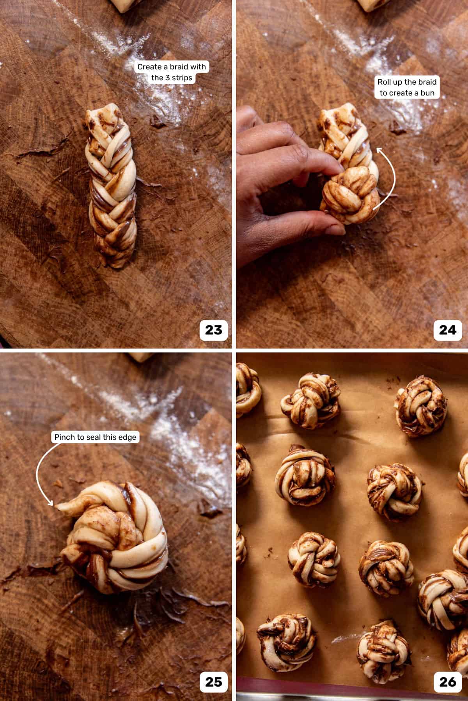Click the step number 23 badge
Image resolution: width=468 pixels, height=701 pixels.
click(213, 330)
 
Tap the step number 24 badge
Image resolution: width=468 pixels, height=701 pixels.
click(447, 330)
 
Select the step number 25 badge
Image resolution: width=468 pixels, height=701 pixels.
click(213, 682)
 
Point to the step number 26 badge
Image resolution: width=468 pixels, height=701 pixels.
click(447, 682)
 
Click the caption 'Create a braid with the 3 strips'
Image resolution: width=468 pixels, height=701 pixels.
click(172, 72)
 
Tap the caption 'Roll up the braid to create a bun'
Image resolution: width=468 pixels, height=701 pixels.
click(407, 87)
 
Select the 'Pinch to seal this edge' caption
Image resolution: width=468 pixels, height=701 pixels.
click(95, 437)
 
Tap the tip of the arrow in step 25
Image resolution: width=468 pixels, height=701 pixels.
click(54, 505)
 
